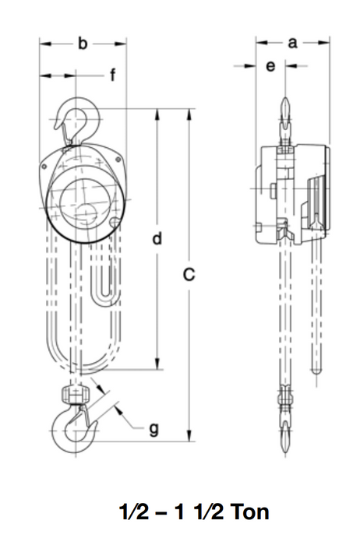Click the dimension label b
pos(83,44)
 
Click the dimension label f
pos(112,76)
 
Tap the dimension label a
pos(293,44)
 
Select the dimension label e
pos(270,67)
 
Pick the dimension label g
pos(154,427)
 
